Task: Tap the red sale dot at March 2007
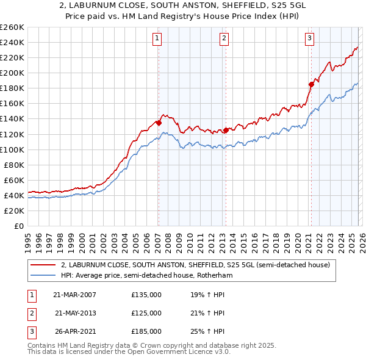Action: [159, 123]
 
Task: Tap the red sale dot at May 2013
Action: [225, 130]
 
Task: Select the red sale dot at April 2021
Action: [310, 84]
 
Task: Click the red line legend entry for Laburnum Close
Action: [195, 265]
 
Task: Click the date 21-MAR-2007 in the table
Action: [74, 295]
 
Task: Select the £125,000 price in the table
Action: [146, 313]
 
